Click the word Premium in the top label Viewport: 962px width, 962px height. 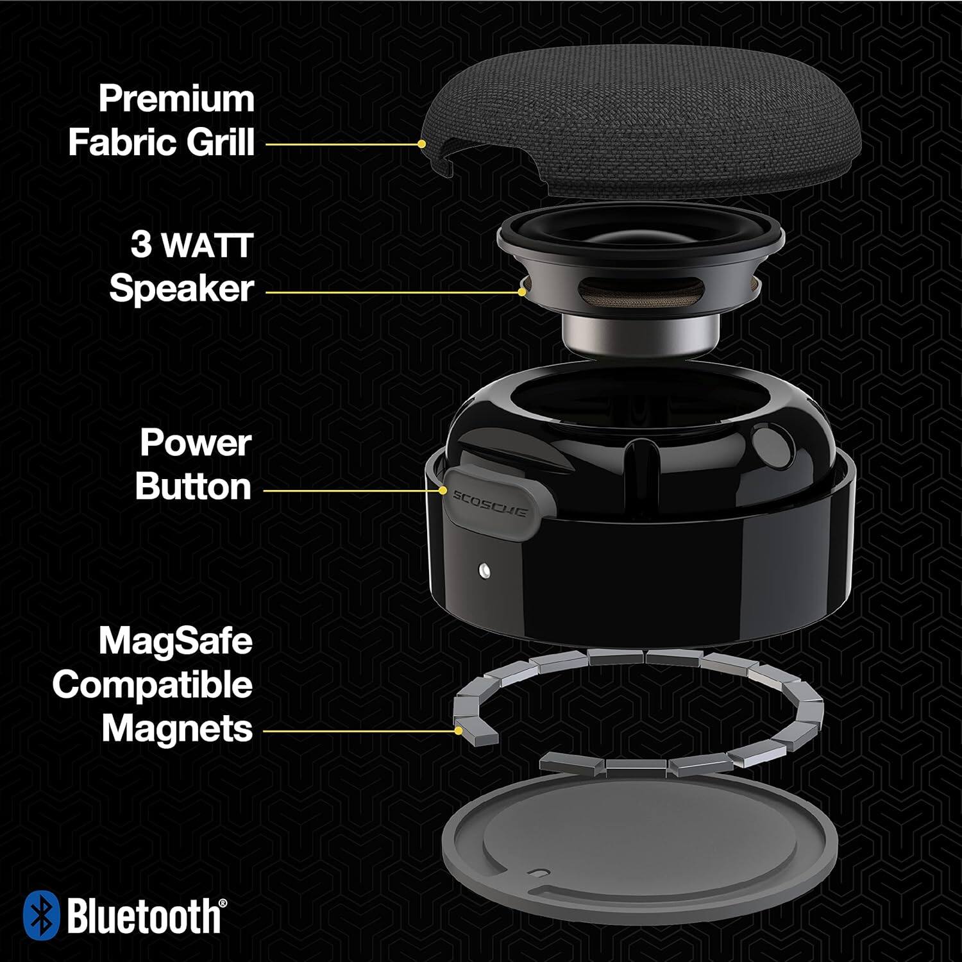176,99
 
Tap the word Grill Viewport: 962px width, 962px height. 221,142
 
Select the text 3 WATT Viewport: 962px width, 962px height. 192,246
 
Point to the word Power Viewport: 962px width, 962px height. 196,443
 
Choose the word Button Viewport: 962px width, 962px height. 193,487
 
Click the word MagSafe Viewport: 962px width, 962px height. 176,641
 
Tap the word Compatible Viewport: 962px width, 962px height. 153,685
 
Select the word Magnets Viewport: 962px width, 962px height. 177,729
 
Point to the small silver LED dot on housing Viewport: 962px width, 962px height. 483,568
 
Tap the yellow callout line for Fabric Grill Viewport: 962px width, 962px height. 343,144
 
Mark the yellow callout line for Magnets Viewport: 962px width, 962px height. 359,730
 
